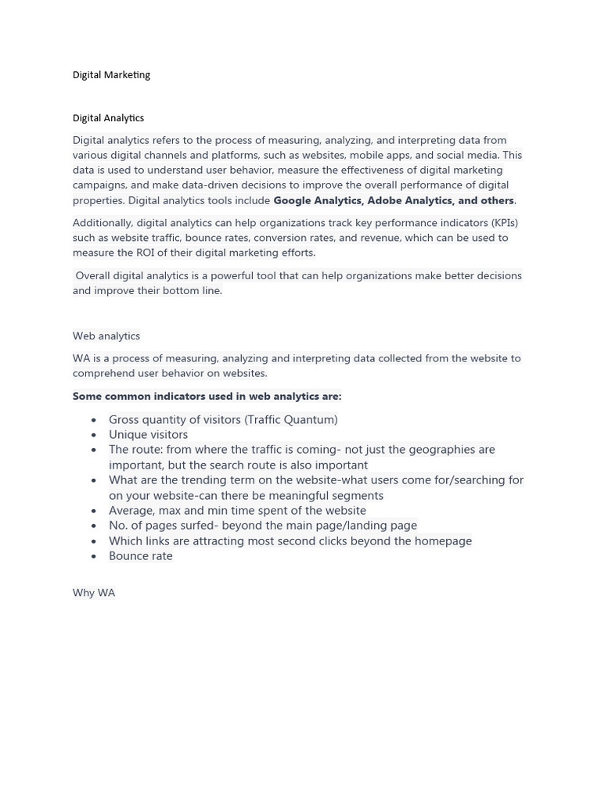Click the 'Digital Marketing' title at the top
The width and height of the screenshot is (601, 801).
[111, 75]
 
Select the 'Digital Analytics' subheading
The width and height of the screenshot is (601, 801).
[108, 118]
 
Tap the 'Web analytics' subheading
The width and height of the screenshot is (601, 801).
[106, 336]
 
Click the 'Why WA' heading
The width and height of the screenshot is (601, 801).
[94, 593]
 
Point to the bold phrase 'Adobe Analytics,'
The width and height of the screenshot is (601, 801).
[411, 200]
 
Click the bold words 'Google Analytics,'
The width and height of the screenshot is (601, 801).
[318, 200]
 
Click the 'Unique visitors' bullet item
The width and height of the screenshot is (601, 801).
[149, 435]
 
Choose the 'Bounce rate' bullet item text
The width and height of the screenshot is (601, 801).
[141, 556]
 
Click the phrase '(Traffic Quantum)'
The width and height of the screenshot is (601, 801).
[291, 420]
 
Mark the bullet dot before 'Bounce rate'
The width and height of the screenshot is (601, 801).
[94, 557]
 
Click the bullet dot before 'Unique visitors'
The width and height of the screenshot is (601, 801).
[94, 436]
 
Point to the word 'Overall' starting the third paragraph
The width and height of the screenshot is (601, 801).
[93, 275]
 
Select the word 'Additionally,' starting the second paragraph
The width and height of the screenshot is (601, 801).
[103, 223]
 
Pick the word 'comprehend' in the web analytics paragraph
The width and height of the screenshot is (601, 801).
[103, 373]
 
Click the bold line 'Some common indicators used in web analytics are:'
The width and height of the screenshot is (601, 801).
[207, 397]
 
